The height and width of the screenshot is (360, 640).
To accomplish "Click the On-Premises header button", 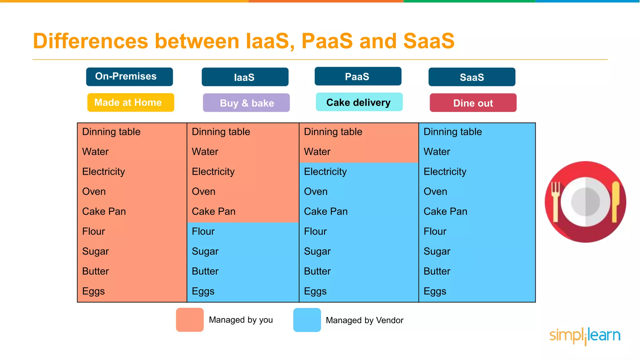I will point(129,77).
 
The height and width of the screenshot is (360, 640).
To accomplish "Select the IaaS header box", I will point(245,77).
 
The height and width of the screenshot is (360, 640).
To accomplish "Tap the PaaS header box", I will point(358,76).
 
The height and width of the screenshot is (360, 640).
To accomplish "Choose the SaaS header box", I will point(472,77).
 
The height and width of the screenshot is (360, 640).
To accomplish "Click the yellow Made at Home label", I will point(130,102).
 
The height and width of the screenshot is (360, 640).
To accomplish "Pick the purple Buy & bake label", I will point(246,103).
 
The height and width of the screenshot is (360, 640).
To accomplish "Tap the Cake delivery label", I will point(359,102).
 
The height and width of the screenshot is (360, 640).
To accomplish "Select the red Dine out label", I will point(473,103).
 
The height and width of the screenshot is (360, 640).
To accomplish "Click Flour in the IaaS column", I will point(203,232).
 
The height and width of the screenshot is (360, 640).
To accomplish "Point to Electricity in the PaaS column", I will point(325,172).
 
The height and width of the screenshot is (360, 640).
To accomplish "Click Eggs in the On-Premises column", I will point(93,291).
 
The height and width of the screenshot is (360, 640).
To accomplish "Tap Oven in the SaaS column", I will point(435,192).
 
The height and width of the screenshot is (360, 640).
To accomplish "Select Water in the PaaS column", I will point(317,152).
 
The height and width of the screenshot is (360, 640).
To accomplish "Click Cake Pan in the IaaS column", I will point(213,212).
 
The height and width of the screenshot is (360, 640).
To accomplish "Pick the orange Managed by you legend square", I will point(190,320).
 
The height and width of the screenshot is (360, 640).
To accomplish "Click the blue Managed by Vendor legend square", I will point(307,320).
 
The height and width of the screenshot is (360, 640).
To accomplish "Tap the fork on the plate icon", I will point(555,200).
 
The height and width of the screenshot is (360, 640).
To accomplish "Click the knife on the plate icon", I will point(615,200).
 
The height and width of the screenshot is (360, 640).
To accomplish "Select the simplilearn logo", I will point(585,336).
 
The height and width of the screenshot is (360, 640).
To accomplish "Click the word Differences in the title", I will point(90,41).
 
